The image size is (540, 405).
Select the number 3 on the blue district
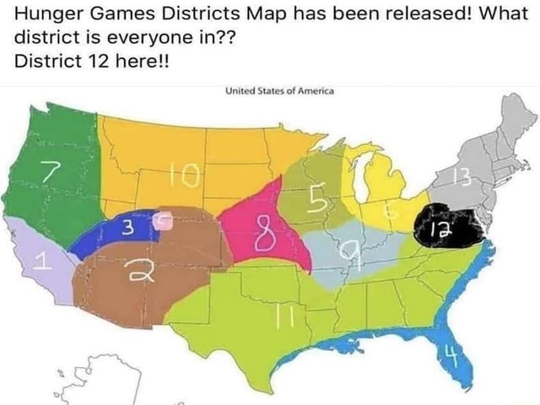tap(126, 226)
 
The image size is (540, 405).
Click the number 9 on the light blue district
tap(347, 251)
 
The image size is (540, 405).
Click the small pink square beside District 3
tap(165, 223)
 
